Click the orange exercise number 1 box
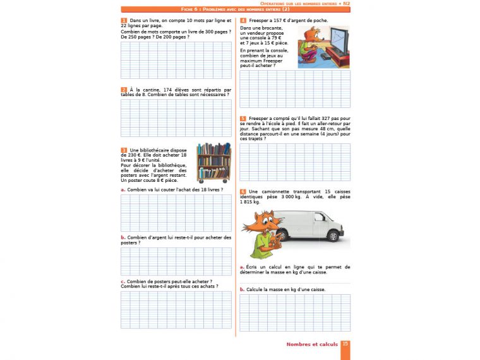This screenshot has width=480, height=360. [x=124, y=21]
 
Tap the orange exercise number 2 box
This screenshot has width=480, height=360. [x=124, y=90]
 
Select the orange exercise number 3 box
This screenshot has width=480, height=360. [x=124, y=150]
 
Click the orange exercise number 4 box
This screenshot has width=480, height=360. [x=243, y=21]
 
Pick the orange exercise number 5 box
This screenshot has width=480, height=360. [x=243, y=118]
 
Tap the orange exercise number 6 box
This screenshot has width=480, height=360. [x=243, y=191]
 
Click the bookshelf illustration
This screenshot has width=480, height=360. [x=213, y=162]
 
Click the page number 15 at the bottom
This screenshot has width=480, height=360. [x=345, y=344]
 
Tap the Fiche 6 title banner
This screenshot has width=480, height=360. [x=235, y=10]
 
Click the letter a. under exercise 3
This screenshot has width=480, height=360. [x=123, y=189]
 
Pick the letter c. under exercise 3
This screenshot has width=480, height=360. [x=123, y=281]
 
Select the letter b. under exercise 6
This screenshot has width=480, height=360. [x=243, y=289]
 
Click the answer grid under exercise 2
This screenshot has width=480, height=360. [x=176, y=117]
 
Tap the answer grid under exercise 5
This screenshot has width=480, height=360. [x=295, y=162]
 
